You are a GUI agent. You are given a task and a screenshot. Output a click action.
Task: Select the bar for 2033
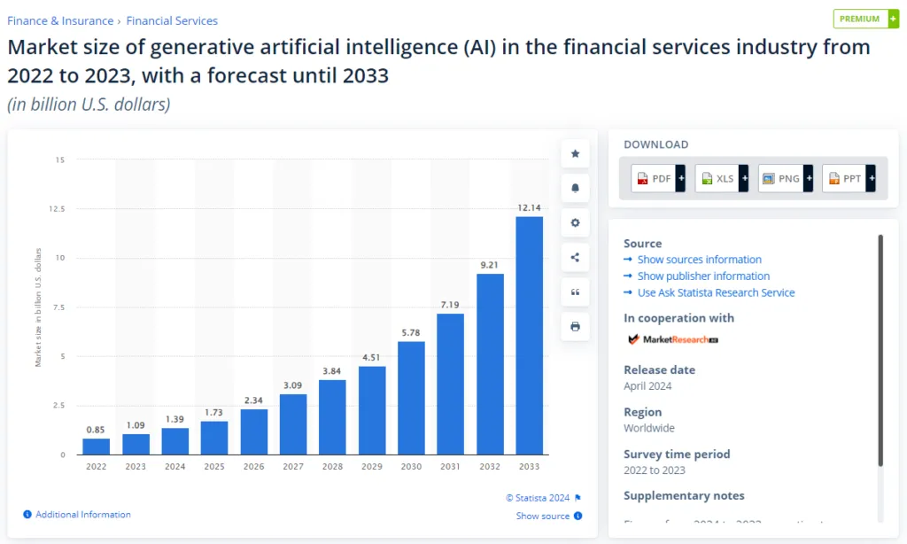[529, 336]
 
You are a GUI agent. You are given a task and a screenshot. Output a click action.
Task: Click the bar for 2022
[97, 447]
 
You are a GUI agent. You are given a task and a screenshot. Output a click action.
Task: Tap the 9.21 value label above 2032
[490, 264]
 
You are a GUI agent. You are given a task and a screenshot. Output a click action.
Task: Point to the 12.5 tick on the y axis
[59, 209]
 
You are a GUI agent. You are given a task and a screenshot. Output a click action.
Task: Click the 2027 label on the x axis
[293, 466]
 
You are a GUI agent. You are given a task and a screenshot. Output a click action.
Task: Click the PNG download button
[786, 178]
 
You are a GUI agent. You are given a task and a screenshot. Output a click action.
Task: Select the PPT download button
[849, 178]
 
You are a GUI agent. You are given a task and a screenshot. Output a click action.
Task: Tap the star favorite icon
[575, 154]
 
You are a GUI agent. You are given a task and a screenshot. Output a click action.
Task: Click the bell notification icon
[575, 189]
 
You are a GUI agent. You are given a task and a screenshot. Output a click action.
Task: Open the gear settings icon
[575, 223]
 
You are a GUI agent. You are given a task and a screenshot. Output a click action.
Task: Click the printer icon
[575, 327]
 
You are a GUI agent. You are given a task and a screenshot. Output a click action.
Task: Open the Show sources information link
[699, 260]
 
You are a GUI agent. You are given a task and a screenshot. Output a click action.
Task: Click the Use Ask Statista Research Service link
[716, 292]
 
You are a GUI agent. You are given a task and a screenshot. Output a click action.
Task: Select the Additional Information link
[82, 515]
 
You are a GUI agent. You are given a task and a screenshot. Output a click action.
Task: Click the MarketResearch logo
[672, 339]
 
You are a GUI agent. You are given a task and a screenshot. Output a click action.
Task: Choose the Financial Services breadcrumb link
[172, 20]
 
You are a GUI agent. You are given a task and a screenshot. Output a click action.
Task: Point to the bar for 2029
[372, 410]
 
